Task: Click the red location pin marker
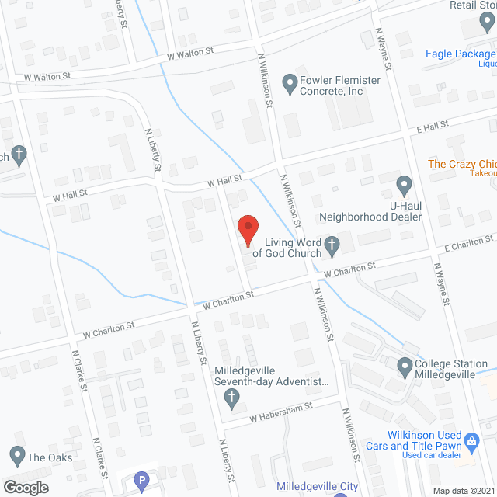pyautogui.click(x=248, y=230)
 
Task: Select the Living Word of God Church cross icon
pyautogui.click(x=332, y=246)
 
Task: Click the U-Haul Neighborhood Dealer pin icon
pyautogui.click(x=404, y=185)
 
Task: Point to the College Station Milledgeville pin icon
pyautogui.click(x=404, y=364)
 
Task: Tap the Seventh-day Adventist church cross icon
pyautogui.click(x=231, y=398)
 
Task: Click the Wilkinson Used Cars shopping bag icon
pyautogui.click(x=471, y=443)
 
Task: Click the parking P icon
pyautogui.click(x=141, y=482)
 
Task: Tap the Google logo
pyautogui.click(x=25, y=487)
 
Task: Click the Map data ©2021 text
pyautogui.click(x=462, y=491)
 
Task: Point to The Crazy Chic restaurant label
pyautogui.click(x=462, y=164)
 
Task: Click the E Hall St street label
pyautogui.click(x=433, y=126)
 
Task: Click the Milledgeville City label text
pyautogui.click(x=318, y=487)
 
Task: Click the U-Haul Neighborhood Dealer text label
pyautogui.click(x=371, y=210)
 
